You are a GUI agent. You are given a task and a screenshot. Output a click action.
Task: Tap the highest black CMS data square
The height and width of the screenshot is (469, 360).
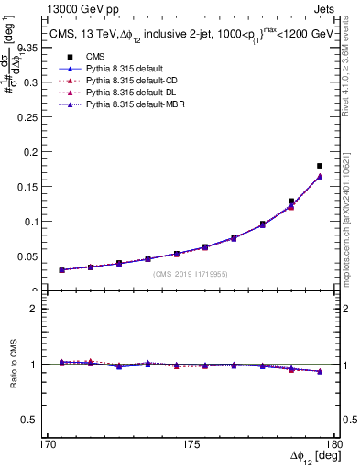pyautogui.click(x=320, y=166)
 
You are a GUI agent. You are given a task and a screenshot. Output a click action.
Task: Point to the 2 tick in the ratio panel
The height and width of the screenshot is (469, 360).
pyautogui.click(x=42, y=309)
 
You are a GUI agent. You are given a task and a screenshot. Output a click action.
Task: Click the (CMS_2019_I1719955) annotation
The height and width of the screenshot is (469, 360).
pyautogui.click(x=190, y=274)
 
